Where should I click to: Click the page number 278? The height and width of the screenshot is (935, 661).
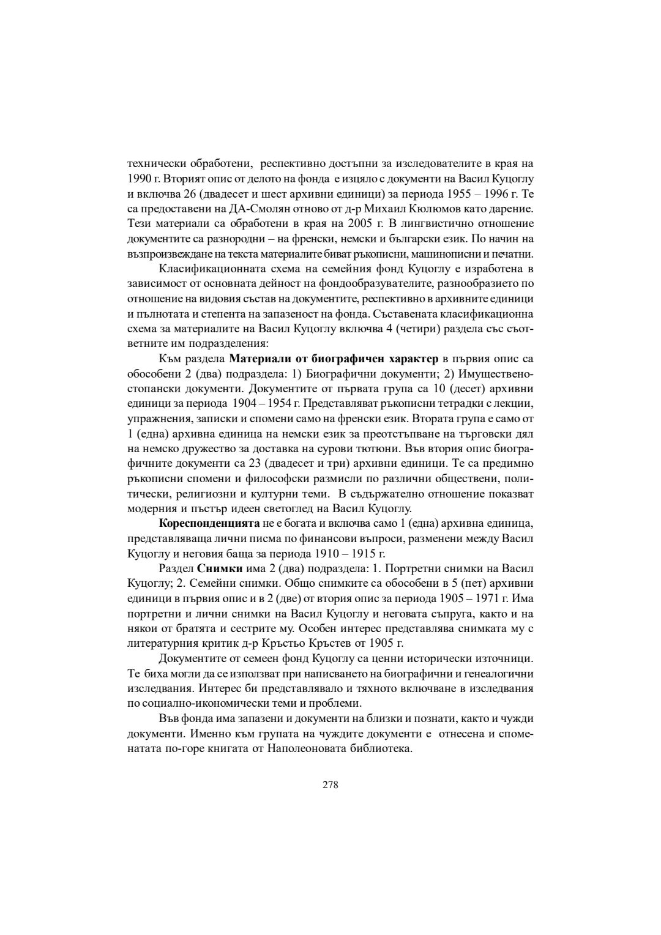click(x=330, y=784)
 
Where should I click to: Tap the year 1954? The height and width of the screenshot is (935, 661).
click(x=272, y=404)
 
